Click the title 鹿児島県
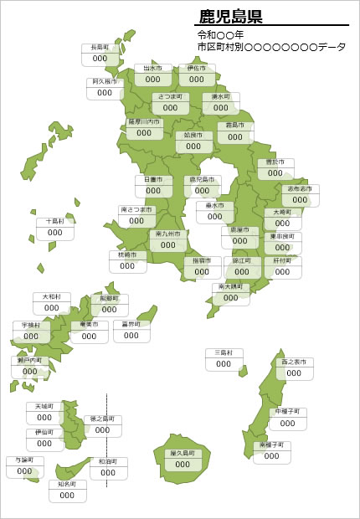click(x=231, y=16)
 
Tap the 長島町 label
click(x=100, y=49)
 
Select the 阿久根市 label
click(x=105, y=82)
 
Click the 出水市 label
click(x=152, y=69)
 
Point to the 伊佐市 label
click(x=196, y=69)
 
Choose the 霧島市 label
click(x=235, y=126)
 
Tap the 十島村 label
click(x=54, y=222)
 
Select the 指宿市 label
click(x=202, y=260)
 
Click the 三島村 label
click(x=224, y=352)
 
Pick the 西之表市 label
click(x=294, y=362)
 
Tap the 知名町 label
click(x=67, y=484)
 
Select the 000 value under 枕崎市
click(x=127, y=266)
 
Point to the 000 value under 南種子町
click(x=272, y=457)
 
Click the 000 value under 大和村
click(x=52, y=308)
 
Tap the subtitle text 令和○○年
click(x=221, y=35)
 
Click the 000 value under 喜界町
click(x=131, y=335)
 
